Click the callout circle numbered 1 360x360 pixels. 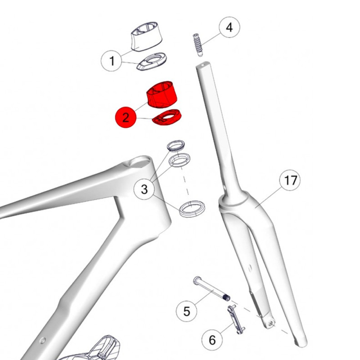[x=112, y=61]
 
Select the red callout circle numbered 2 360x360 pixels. [x=126, y=117]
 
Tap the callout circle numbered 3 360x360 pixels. [x=144, y=189]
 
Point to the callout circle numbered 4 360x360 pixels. [x=229, y=27]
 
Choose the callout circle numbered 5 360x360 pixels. [x=186, y=311]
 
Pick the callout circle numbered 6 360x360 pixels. [x=212, y=340]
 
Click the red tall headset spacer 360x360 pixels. [x=162, y=94]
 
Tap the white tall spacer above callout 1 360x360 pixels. [x=147, y=36]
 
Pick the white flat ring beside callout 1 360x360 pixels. [x=152, y=61]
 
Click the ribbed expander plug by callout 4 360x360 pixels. [x=198, y=45]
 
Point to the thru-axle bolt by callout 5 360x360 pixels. [x=211, y=289]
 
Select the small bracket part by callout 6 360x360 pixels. [x=236, y=319]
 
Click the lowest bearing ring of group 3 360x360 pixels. [x=192, y=209]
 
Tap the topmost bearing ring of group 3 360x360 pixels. [x=175, y=145]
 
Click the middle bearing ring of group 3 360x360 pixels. [x=180, y=160]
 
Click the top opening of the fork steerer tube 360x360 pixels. [x=203, y=64]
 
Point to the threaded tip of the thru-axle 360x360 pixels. [x=227, y=298]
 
